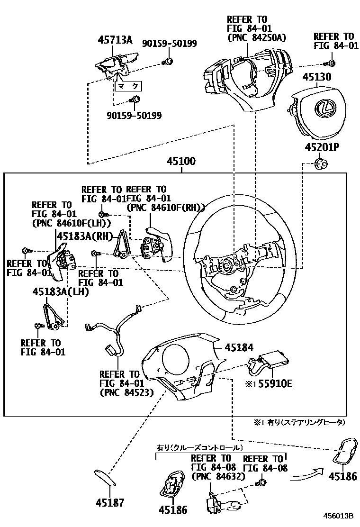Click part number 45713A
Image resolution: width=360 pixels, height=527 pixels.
tap(115, 40)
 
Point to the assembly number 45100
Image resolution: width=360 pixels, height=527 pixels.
tap(180, 162)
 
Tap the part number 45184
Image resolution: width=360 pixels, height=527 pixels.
tap(240, 347)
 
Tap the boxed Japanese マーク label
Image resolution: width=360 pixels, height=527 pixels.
tap(128, 86)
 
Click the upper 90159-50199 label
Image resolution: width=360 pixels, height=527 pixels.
tap(170, 44)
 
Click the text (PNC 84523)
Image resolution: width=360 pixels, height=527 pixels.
tap(126, 392)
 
